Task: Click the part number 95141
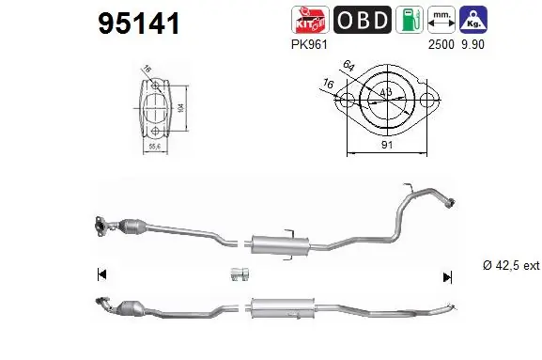click(x=140, y=23)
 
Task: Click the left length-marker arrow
click(x=101, y=274)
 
